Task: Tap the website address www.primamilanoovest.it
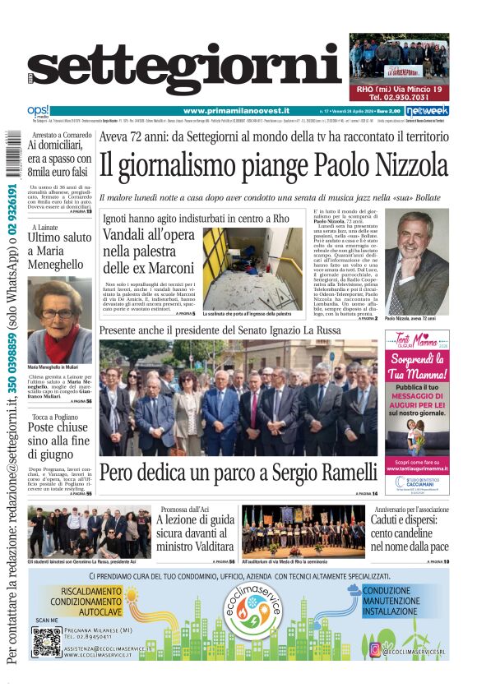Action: pyautogui.click(x=234, y=111)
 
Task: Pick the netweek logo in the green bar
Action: pyautogui.click(x=427, y=111)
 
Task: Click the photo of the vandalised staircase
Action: pyautogui.click(x=252, y=268)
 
